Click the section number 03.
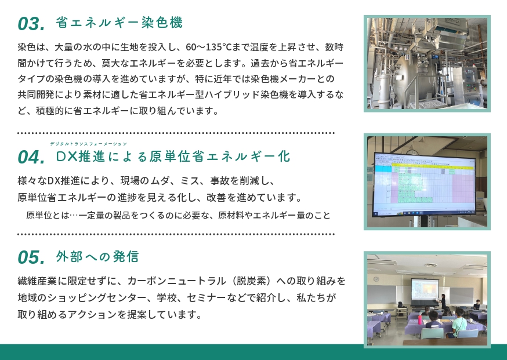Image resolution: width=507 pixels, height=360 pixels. click(31, 24)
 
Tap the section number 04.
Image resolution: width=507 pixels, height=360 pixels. click(31, 157)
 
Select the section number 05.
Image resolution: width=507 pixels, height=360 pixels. click(31, 257)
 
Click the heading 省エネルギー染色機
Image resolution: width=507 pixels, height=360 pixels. click(119, 23)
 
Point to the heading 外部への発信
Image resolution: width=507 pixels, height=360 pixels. click(97, 257)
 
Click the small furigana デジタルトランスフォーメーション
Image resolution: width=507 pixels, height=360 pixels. click(89, 144)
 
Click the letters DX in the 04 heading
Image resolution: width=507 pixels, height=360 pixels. click(67, 157)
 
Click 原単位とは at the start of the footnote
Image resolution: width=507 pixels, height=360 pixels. click(48, 215)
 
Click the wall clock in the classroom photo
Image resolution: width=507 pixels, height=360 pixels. click(376, 279)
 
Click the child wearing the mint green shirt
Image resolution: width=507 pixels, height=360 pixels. click(458, 324)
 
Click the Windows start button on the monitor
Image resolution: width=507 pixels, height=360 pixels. click(376, 214)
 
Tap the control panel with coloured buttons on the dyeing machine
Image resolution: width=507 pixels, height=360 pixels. click(470, 82)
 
